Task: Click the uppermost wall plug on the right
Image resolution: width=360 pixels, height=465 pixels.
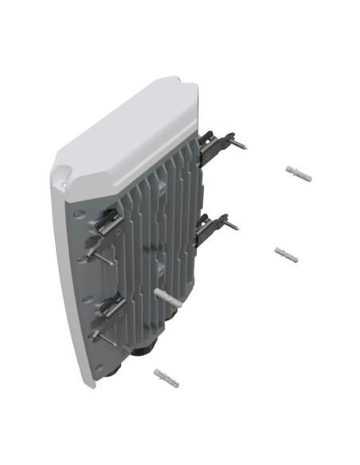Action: pyautogui.click(x=298, y=174)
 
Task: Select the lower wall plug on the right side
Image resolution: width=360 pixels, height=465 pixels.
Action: pyautogui.click(x=287, y=254)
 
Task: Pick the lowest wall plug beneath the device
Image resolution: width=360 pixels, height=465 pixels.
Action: pyautogui.click(x=166, y=377)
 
